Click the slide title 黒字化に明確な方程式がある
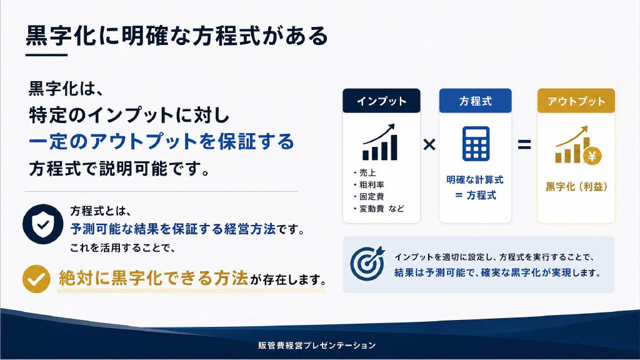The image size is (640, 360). (x=177, y=36)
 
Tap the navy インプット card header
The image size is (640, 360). (x=381, y=101)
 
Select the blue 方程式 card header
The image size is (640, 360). (x=475, y=101)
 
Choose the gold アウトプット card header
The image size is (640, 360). (x=576, y=101)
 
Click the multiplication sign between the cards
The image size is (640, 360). (x=429, y=144)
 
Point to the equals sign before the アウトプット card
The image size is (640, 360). (x=524, y=144)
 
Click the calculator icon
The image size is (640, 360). (x=476, y=144)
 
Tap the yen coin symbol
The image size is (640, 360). (x=592, y=156)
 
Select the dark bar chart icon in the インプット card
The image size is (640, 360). (x=379, y=142)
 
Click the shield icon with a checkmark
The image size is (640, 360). (x=43, y=224)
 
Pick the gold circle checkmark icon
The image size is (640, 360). (x=36, y=279)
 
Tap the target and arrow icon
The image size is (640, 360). (x=367, y=263)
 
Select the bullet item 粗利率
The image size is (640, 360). (x=369, y=185)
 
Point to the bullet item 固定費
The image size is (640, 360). (x=369, y=197)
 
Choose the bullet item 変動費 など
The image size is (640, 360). (x=379, y=209)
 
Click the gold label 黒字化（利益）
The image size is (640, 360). (x=576, y=187)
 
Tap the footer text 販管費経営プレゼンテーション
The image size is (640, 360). (x=317, y=345)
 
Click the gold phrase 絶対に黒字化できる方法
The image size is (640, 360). (x=154, y=278)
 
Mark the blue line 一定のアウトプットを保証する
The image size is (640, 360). (x=162, y=142)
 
